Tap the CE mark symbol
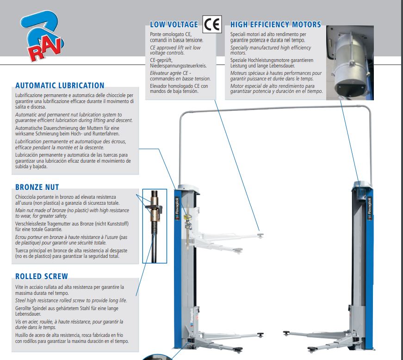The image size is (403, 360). tap(212, 24)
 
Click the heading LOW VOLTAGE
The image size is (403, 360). tap(174, 24)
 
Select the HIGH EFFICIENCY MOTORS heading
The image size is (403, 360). tap(275, 24)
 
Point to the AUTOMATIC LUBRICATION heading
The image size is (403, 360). tap(60, 85)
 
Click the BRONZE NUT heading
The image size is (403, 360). tap(37, 187)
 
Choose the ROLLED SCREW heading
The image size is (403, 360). tap(41, 276)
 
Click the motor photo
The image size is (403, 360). tap(350, 63)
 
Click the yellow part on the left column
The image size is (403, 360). tap(188, 218)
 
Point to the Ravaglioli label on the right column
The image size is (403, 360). tap(370, 208)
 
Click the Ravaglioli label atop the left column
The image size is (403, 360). tap(177, 208)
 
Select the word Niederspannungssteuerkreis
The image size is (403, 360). tap(179, 66)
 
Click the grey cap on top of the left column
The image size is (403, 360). tap(188, 188)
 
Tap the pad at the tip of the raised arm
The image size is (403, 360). tap(260, 235)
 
